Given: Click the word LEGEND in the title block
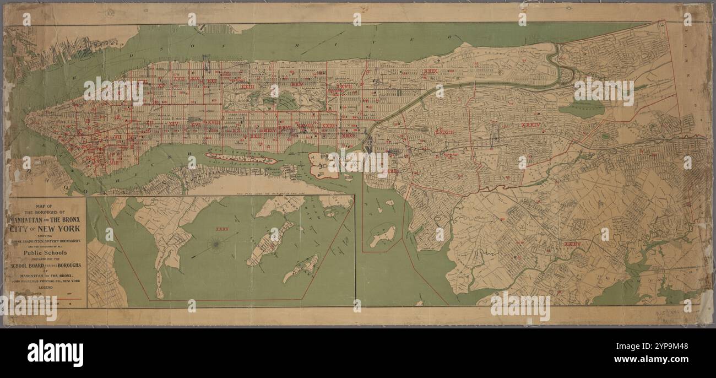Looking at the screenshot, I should (45, 287).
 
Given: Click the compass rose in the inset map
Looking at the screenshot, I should (216, 245).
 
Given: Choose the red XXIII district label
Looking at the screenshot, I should (247, 87).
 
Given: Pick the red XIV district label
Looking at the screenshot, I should (174, 124).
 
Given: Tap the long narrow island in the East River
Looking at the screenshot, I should (240, 159).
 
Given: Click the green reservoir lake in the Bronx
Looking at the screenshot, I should (582, 108).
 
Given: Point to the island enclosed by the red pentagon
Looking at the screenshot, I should (382, 236).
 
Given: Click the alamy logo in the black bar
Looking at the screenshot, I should (55, 353).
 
